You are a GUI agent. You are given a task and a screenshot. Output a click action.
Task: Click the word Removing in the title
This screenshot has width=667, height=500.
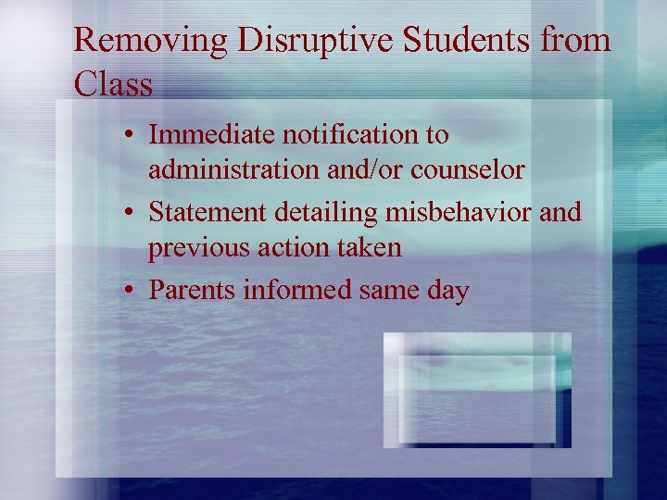tap(139, 41)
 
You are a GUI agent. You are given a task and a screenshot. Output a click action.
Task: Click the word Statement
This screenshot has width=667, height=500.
tap(208, 212)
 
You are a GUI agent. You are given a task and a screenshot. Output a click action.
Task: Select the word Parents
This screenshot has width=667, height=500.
tap(193, 290)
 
